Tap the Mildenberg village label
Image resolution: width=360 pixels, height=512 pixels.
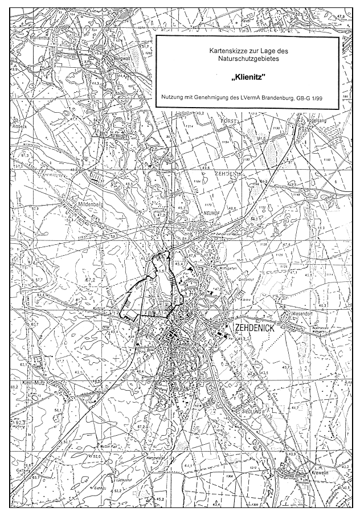tap(89, 202)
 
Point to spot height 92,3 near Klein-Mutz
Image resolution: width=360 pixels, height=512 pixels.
tap(18, 422)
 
